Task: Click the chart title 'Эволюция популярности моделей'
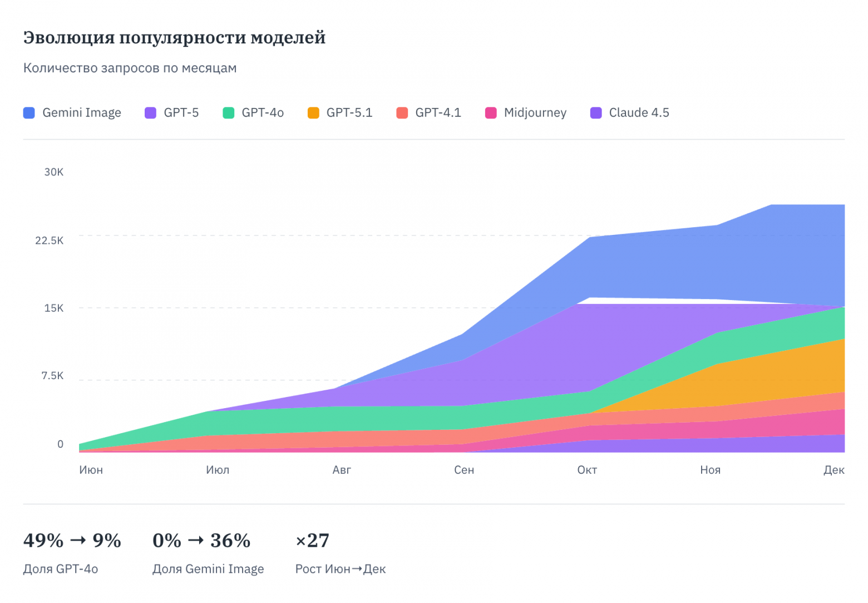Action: point(174,38)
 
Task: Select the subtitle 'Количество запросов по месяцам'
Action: point(130,68)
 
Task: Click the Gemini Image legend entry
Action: point(72,113)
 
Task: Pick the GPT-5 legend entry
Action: point(172,113)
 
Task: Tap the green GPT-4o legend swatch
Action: point(228,113)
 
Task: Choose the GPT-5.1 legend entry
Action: point(340,113)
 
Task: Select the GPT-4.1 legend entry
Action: point(429,113)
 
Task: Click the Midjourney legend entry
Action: point(526,113)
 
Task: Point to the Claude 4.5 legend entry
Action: point(630,113)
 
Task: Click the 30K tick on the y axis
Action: point(54,172)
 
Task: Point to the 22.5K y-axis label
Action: point(50,241)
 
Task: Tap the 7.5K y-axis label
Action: point(52,376)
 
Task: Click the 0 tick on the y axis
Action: point(60,444)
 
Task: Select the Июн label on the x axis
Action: point(91,470)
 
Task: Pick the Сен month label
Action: point(464,470)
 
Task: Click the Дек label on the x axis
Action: point(834,470)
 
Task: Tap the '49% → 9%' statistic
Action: point(72,541)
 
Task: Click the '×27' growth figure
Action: point(312,541)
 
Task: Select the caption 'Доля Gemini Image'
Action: point(208,569)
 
